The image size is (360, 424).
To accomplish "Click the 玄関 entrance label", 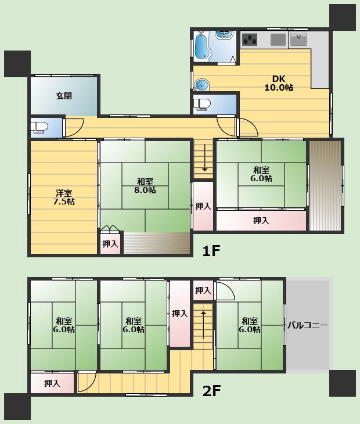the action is point(64,96).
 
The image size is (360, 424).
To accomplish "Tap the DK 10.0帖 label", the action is point(279,83).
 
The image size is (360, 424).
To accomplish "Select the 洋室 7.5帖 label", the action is point(64,197).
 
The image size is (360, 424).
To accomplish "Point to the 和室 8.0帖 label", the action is point(145,186).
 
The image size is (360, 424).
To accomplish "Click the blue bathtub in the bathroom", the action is point(202,46).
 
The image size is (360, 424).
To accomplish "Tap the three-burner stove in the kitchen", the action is point(250,39).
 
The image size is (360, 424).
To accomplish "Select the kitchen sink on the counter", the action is point(298,39).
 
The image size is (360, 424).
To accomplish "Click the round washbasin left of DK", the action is point(202,85).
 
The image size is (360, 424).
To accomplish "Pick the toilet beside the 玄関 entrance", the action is point(39,128).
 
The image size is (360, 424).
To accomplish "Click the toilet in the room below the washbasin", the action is point(202,105).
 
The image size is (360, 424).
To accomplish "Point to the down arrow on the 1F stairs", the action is point(204,158).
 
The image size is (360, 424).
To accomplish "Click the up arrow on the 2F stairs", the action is point(203,325).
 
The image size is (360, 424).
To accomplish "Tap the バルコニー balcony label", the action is point(307,325).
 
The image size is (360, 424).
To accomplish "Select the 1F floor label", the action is point(211,251).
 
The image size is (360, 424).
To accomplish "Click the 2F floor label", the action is point(211,390).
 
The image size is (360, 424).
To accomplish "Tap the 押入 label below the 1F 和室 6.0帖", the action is point(261,221).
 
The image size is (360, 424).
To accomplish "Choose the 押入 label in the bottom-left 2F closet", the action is point(52,383).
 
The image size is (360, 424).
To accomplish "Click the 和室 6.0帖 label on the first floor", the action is point(261,174).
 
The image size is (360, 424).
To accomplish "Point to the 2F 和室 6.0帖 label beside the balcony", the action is point(249,325).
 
